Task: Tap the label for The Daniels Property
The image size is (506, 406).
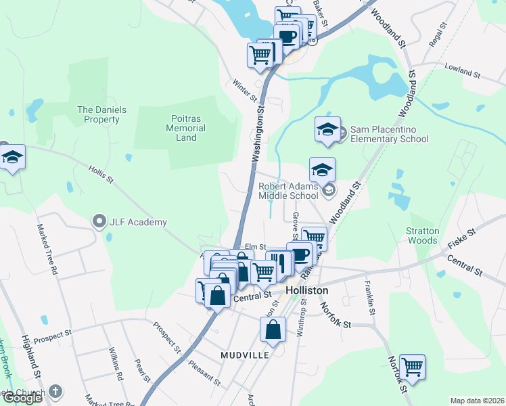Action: click(98, 114)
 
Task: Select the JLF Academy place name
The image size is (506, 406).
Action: click(140, 222)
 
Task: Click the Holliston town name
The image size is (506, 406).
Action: click(306, 290)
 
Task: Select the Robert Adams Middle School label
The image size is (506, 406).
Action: click(287, 190)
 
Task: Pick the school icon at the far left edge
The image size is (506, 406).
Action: click(11, 158)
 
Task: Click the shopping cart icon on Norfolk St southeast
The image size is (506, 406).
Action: click(412, 367)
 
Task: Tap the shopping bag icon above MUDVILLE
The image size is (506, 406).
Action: click(273, 330)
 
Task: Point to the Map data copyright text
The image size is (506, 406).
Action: click(476, 401)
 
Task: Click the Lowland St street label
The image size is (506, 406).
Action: click(462, 68)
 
